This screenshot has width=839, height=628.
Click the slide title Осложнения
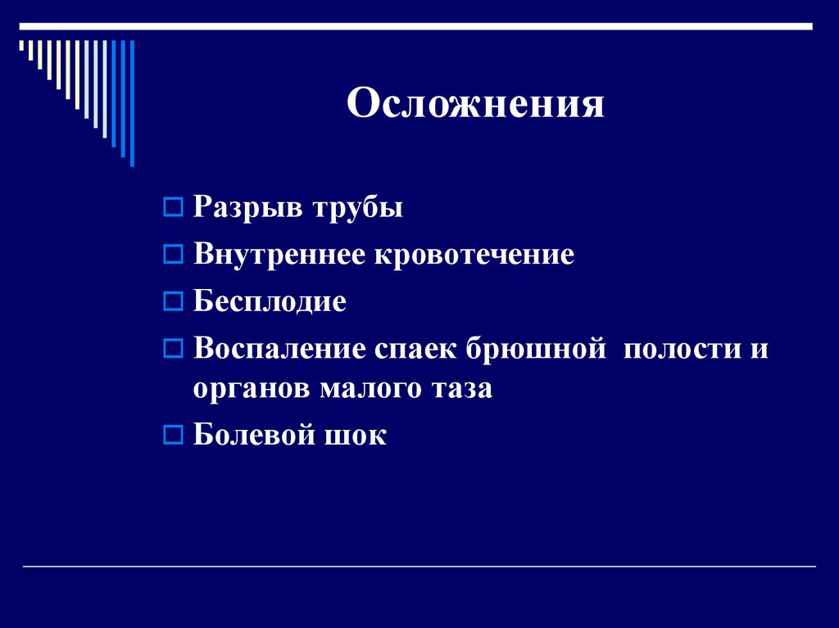click(x=475, y=105)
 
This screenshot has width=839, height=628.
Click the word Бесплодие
click(x=270, y=302)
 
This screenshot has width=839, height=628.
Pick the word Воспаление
click(x=279, y=349)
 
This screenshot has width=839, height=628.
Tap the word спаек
click(x=417, y=349)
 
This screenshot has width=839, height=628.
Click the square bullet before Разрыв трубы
click(x=172, y=208)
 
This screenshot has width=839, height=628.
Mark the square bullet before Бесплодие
click(x=172, y=302)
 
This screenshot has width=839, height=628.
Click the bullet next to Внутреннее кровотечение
click(x=172, y=255)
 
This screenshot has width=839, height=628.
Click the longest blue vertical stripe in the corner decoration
click(x=132, y=102)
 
